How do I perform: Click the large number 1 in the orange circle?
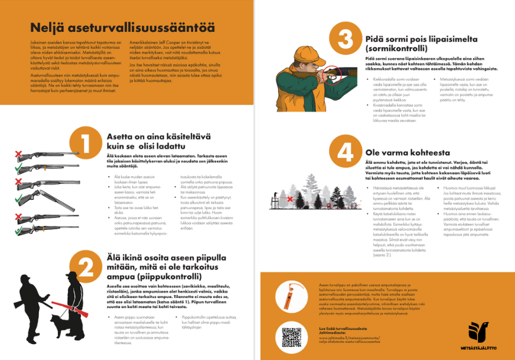click(84, 144)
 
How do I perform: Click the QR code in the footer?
click(291, 336)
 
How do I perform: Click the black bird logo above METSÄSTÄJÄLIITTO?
click(478, 331)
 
